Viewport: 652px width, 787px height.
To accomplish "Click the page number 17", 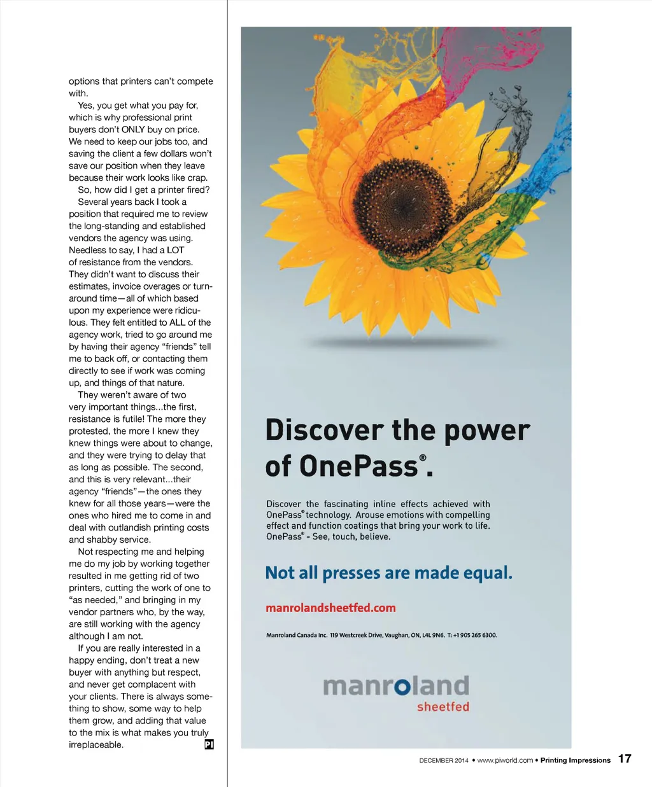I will coord(625,758).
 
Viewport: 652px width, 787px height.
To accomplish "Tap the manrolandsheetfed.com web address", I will coord(330,608).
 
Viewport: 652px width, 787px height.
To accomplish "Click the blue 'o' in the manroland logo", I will coord(401,687).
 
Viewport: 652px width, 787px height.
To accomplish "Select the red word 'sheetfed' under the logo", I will coord(443,707).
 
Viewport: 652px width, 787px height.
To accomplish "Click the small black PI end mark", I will coord(209,744).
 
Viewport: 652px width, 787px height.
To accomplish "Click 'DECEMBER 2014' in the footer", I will coord(444,760).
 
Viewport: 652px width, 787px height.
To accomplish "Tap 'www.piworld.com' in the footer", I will coord(505,760).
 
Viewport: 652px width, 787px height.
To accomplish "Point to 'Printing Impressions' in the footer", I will coord(575,760).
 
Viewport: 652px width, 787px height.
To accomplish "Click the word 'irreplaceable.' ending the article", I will coord(96,745).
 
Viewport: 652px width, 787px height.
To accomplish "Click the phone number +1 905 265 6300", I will coord(474,635).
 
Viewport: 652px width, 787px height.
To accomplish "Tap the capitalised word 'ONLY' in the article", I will coord(133,129).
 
